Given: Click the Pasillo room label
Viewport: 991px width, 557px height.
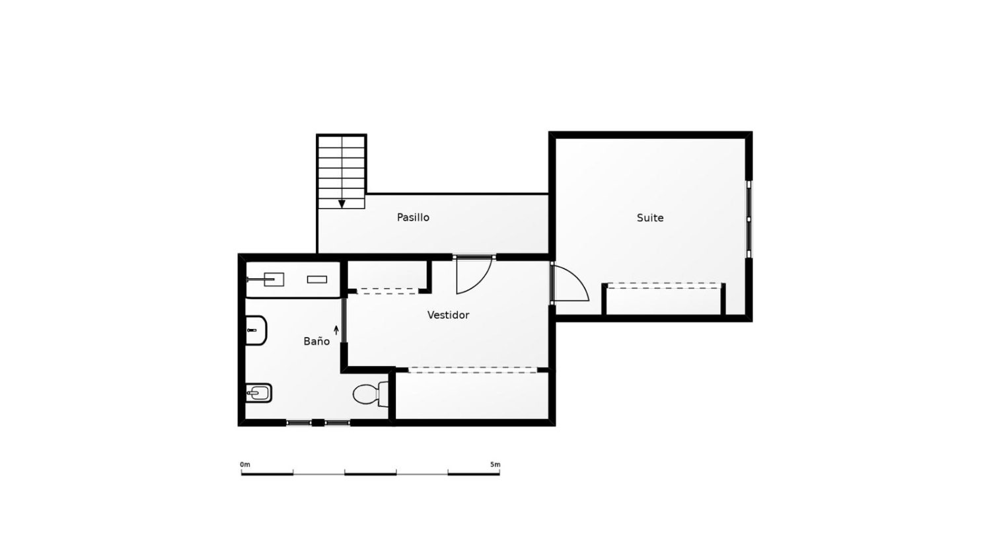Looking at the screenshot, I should pos(413,217).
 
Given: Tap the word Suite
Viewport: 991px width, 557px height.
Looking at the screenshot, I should pos(649,218).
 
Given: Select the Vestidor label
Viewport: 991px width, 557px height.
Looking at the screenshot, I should pos(448,315).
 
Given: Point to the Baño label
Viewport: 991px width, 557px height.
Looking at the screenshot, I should pos(316,342).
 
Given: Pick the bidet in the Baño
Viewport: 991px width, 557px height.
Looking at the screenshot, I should pos(258,394).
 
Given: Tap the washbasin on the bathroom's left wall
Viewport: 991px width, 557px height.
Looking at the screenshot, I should pos(256,330).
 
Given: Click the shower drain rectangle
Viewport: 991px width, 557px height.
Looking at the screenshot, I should pos(317,279).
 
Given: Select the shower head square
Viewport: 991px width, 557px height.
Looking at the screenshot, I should pos(274,279).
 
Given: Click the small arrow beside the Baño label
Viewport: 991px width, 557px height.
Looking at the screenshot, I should pos(336,330).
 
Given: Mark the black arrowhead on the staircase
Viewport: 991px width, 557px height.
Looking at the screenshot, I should pos(342,204).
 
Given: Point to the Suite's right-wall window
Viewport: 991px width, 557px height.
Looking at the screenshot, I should pos(749,219).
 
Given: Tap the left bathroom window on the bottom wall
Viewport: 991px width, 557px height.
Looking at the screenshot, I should pos(299,422).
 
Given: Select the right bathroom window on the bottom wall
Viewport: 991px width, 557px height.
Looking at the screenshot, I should pos(337,422).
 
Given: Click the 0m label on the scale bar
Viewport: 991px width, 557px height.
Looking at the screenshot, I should pos(245,464).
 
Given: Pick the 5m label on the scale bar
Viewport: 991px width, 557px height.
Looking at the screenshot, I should pos(495,464).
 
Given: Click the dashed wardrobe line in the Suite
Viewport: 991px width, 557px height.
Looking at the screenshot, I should pos(663,284).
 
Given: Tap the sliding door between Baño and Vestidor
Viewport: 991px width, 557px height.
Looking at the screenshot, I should pos(344,329).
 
